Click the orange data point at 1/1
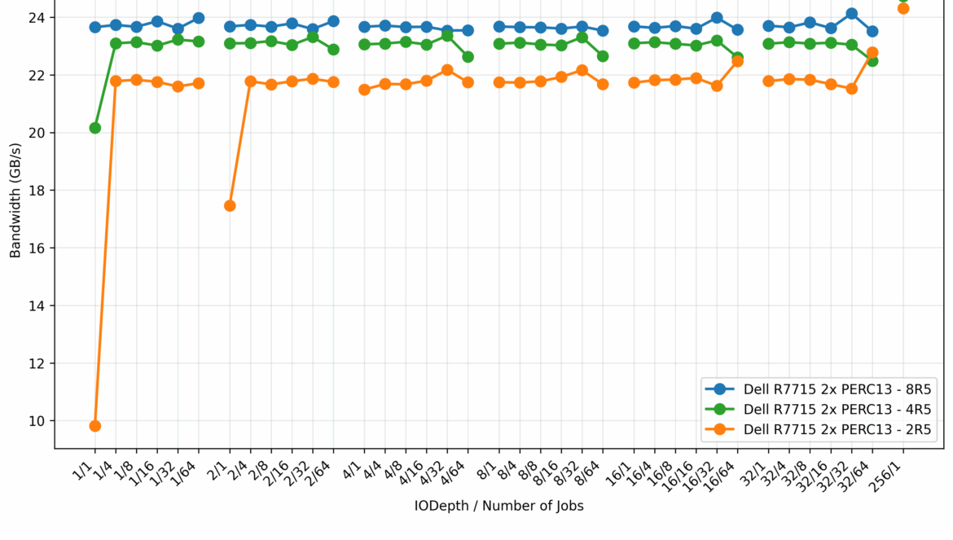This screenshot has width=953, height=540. click(x=95, y=426)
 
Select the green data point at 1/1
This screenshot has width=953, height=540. click(x=95, y=128)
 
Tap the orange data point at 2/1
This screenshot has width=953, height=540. click(x=230, y=206)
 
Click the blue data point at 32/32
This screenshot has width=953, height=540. click(x=851, y=14)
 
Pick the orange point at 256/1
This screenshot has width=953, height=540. click(x=903, y=9)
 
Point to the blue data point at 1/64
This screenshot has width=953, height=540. click(x=199, y=18)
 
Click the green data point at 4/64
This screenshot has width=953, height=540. click(x=468, y=57)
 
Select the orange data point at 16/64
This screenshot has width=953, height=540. click(x=737, y=61)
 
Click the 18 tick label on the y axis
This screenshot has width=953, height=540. click(x=38, y=191)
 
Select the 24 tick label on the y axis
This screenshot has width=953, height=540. click(x=38, y=17)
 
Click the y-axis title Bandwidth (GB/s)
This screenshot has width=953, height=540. click(x=15, y=200)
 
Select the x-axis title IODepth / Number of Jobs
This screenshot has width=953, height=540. click(x=498, y=506)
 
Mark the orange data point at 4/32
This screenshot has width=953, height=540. click(x=447, y=70)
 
